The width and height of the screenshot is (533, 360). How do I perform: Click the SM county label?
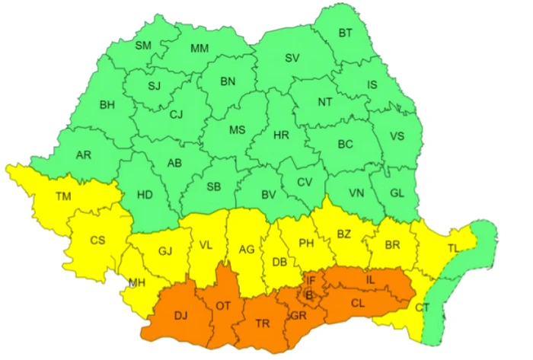coord(143,45)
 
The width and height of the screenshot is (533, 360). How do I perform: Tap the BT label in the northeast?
coord(345,33)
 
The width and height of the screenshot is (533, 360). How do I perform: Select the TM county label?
coord(63,196)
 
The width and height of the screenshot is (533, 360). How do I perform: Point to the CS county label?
coord(97,241)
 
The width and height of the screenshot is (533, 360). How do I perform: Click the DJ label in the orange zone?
coord(181,314)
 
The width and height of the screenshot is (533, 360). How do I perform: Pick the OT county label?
coord(223,306)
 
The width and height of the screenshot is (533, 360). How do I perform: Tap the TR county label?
coord(263,324)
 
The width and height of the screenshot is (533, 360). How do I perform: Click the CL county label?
coord(359,303)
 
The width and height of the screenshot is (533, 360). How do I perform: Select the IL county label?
coord(371,280)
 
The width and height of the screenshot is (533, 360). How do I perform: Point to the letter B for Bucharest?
coord(308,294)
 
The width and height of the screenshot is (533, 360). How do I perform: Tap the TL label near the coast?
coord(453,248)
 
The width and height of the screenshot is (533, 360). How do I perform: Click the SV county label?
coord(292,58)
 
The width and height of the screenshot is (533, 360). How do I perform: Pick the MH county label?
coord(137,283)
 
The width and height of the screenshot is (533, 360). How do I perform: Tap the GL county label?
coord(397,193)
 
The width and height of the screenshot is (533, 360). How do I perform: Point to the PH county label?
coord(306,244)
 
